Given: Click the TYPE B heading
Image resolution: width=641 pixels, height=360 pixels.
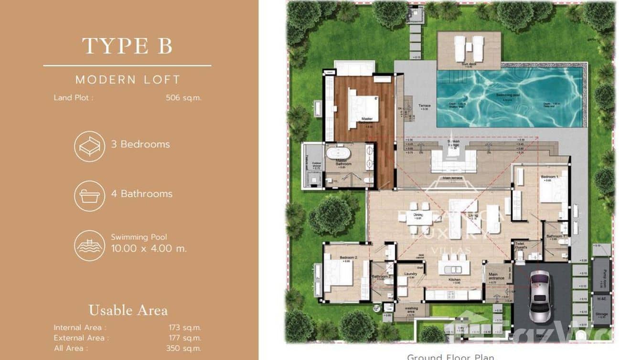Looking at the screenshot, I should pyautogui.click(x=127, y=46).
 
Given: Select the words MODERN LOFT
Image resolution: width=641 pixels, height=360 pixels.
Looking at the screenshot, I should pyautogui.click(x=128, y=80).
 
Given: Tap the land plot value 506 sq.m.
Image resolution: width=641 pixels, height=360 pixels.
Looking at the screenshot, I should pyautogui.click(x=183, y=98).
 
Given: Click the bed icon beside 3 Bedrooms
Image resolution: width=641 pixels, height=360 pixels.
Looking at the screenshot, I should pyautogui.click(x=89, y=146).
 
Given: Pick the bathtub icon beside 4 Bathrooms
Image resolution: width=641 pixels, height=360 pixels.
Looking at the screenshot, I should pyautogui.click(x=89, y=196).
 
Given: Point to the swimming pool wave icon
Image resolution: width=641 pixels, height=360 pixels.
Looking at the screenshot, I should pyautogui.click(x=89, y=245).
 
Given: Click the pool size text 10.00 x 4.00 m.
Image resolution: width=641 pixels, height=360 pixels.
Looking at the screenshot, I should pyautogui.click(x=149, y=248).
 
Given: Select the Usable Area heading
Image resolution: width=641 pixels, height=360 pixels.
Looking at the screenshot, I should pyautogui.click(x=128, y=310).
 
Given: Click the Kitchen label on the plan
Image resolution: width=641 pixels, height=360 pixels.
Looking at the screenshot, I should pyautogui.click(x=454, y=280).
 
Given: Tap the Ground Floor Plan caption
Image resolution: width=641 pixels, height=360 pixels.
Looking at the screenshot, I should pyautogui.click(x=450, y=356).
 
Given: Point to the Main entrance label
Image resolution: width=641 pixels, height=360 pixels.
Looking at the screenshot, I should pyautogui.click(x=496, y=276).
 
